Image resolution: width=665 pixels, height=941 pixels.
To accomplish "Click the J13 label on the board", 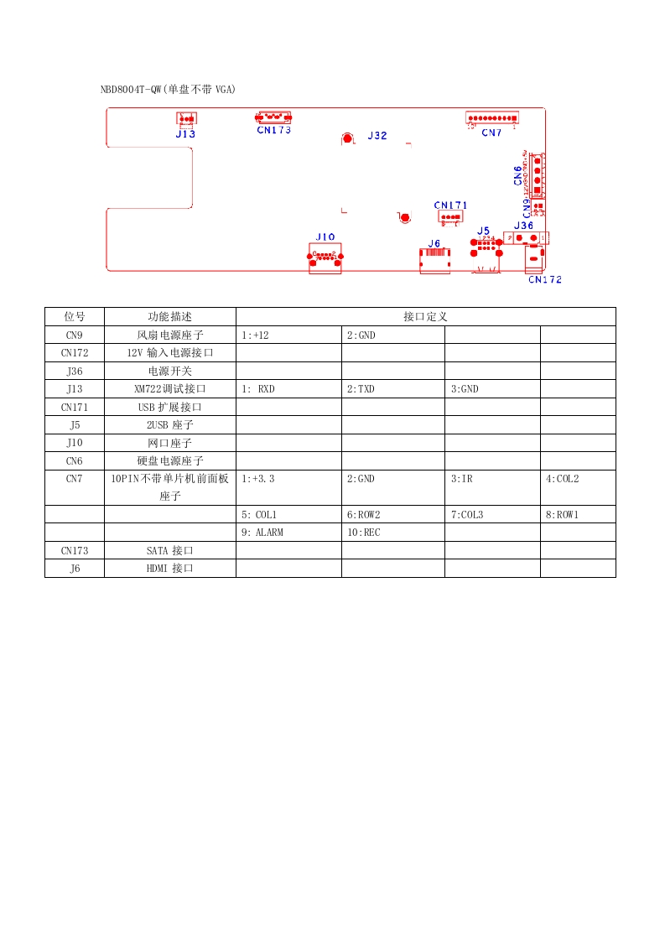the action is pyautogui.click(x=185, y=133).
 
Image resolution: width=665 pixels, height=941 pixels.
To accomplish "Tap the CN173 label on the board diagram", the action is pyautogui.click(x=274, y=130).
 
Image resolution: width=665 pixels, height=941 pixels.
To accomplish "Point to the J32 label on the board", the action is pyautogui.click(x=377, y=136).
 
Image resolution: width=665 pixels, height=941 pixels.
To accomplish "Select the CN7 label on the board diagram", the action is pyautogui.click(x=491, y=133).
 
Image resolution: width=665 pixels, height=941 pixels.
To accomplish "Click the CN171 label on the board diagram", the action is pyautogui.click(x=450, y=205).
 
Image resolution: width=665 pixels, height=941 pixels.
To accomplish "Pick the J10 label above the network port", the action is pyautogui.click(x=325, y=237).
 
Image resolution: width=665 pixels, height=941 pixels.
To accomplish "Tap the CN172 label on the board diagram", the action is pyautogui.click(x=545, y=280).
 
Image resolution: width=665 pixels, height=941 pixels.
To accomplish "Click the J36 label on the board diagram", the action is pyautogui.click(x=523, y=226).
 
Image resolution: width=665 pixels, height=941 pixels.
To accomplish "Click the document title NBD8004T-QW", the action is pyautogui.click(x=169, y=89).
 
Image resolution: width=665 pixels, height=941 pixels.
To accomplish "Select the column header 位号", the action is pyautogui.click(x=75, y=317).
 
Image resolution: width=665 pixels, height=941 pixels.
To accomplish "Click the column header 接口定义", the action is pyautogui.click(x=425, y=317).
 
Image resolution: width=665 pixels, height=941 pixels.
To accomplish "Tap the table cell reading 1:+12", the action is pyautogui.click(x=255, y=335).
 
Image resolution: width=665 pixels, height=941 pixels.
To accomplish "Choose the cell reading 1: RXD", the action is pyautogui.click(x=258, y=389).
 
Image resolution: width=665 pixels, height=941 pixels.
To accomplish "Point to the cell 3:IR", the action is pyautogui.click(x=461, y=479).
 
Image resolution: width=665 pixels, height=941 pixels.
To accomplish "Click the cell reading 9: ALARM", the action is pyautogui.click(x=262, y=533).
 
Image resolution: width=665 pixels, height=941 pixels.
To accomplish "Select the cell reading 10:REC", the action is pyautogui.click(x=363, y=533).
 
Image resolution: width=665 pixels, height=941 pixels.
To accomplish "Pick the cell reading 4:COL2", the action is pyautogui.click(x=562, y=479).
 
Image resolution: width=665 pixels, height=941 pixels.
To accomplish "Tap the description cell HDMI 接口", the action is pyautogui.click(x=170, y=569).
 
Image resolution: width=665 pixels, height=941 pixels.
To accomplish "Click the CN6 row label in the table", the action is pyautogui.click(x=75, y=461).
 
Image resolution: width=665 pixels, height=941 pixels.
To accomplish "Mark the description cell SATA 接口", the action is pyautogui.click(x=170, y=551).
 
